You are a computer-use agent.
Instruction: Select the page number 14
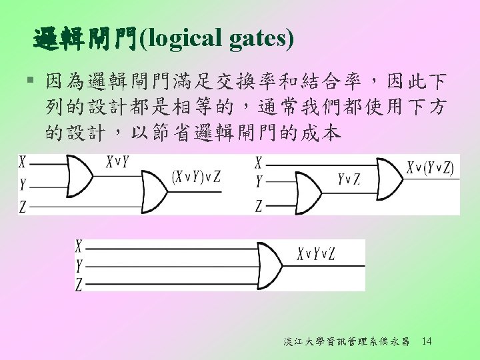coord(427,341)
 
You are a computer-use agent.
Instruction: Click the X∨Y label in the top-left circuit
coord(117,161)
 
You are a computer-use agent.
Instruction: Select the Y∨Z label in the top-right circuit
coord(349,178)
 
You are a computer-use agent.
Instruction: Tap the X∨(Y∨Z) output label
coord(430,167)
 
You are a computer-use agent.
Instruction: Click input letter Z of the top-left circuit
coord(23,207)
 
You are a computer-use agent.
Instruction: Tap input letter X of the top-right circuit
coord(258,162)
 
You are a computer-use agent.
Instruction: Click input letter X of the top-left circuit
coord(23,161)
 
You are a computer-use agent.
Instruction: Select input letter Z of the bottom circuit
coord(79,285)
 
